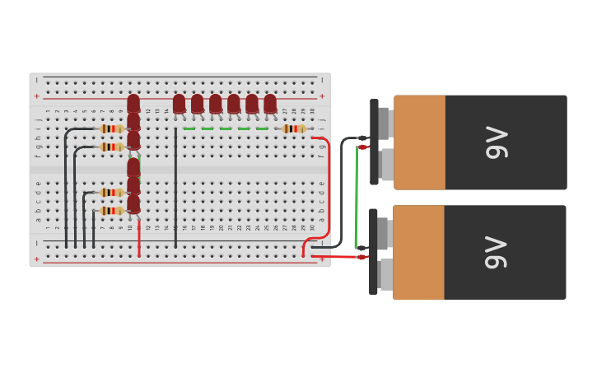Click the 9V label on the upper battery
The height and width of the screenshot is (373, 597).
(497, 142)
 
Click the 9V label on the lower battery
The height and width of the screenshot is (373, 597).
(497, 252)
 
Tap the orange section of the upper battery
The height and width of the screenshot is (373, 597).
(420, 142)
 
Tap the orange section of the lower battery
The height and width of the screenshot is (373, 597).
(419, 252)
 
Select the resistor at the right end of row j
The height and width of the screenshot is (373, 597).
(294, 128)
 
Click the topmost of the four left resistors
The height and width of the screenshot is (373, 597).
(112, 128)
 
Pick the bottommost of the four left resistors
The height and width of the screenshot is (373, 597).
(112, 211)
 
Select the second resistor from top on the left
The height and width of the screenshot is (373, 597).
(112, 147)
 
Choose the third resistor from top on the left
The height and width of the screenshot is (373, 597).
(112, 193)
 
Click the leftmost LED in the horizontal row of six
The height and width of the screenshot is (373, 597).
(180, 103)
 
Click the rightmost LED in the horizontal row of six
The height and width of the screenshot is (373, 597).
(270, 103)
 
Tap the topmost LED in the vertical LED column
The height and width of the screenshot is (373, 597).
(133, 103)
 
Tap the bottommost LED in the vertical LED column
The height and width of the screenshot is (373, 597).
(133, 203)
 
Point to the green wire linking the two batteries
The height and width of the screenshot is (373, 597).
(356, 198)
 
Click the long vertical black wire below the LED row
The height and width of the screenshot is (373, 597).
(175, 189)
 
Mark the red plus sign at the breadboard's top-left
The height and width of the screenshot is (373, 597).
(36, 96)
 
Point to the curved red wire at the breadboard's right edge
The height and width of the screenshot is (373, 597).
(328, 189)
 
